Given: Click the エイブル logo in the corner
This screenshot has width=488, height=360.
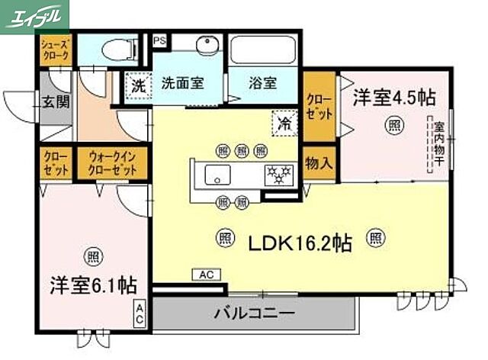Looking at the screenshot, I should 34,14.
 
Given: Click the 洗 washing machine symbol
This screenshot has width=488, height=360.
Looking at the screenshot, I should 136,84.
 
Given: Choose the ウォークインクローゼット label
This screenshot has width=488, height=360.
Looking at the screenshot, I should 112,165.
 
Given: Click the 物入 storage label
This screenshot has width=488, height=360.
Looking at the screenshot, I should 319,163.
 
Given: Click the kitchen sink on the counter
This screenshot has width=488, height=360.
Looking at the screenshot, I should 217,174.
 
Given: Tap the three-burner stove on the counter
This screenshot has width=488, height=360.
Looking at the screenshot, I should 278,174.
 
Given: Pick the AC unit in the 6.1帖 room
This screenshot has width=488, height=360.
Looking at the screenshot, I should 140,313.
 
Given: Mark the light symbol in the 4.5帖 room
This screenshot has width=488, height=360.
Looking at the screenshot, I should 393,125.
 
